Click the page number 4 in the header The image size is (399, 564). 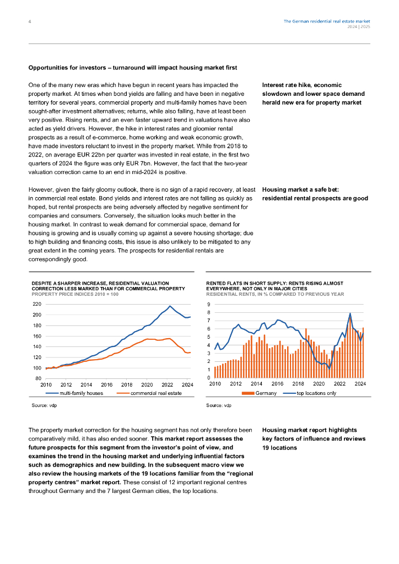pos(30,21)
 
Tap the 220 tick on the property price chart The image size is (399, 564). pos(37,304)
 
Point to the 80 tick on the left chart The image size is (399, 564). pos(39,378)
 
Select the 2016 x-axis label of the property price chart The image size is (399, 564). pos(106,384)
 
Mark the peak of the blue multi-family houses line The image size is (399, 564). pos(170,306)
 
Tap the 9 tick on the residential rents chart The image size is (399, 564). pos(209,304)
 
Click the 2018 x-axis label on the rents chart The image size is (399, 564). pos(298,384)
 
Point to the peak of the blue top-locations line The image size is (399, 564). pos(350,313)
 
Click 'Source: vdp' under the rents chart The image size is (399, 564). pos(219,405)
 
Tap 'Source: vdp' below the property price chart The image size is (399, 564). pos(44,405)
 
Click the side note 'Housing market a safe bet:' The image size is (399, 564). pos(300,189)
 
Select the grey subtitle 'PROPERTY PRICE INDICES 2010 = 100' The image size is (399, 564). pos(75,294)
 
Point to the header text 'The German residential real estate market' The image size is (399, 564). pos(327,21)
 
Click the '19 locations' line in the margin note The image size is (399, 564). pos(279,448)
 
